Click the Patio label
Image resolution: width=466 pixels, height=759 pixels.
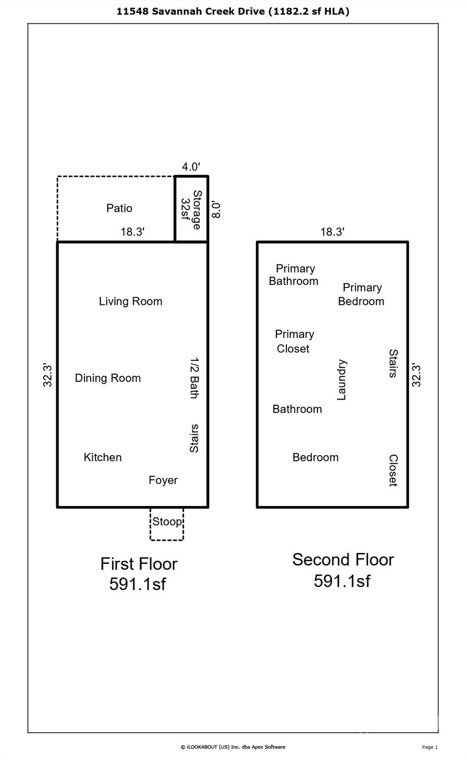click(119, 208)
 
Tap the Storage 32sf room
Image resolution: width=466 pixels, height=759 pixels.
click(191, 210)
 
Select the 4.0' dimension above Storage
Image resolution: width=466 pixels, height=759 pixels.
click(190, 167)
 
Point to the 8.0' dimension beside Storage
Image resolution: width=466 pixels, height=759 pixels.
click(216, 210)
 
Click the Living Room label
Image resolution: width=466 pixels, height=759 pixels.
click(131, 301)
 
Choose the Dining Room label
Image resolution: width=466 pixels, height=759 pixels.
click(108, 378)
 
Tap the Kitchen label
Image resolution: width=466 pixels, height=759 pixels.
click(102, 457)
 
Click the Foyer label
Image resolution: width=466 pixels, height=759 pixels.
click(163, 480)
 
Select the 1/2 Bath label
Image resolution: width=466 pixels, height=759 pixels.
click(194, 378)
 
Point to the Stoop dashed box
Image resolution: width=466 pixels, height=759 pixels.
click(167, 524)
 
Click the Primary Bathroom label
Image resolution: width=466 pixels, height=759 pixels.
click(294, 275)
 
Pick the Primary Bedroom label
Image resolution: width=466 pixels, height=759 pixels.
click(362, 295)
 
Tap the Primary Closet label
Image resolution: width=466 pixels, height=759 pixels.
click(294, 341)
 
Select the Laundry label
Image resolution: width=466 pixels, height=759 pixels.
click(341, 379)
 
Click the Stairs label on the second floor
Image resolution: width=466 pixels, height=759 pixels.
click(393, 363)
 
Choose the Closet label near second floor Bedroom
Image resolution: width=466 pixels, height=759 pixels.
click(393, 470)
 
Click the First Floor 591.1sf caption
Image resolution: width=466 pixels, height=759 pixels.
click(138, 574)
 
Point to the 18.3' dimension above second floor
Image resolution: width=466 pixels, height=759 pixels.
click(332, 232)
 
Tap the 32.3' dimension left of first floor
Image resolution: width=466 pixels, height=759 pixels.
click(47, 375)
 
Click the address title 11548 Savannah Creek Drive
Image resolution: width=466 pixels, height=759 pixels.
click(233, 11)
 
